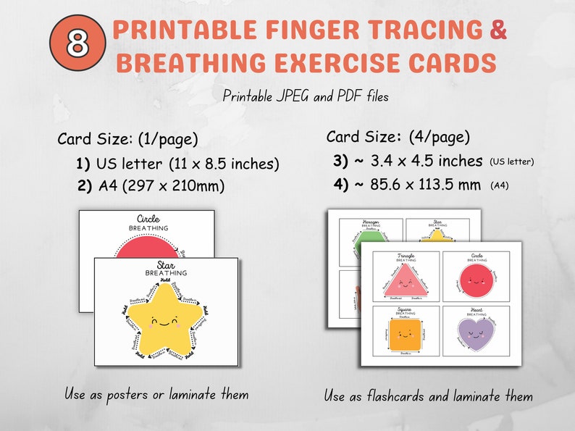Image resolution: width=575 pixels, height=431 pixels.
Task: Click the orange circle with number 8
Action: coord(76,43)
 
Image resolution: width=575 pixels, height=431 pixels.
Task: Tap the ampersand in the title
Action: coord(498,30)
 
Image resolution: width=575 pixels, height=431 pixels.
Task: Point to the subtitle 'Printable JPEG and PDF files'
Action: coord(306,96)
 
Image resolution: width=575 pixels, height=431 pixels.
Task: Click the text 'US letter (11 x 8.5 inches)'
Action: coord(188,163)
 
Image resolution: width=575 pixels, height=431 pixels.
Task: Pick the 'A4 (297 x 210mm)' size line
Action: coord(172,185)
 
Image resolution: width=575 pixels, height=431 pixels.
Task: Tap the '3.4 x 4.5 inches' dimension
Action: coord(420,160)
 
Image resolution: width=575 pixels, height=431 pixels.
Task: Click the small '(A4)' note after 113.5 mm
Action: coord(500,186)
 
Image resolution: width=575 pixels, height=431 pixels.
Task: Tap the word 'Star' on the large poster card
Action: coord(166,264)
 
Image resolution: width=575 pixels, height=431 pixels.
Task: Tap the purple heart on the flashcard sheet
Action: coord(476,334)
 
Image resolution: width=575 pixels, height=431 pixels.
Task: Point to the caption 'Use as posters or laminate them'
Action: coord(156,395)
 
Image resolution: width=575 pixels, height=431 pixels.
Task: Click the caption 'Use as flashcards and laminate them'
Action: coord(429,396)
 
